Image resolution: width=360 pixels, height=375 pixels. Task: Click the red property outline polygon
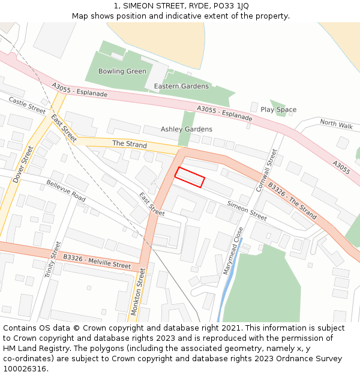point(190,178)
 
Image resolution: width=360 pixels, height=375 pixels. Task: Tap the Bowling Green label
point(122,71)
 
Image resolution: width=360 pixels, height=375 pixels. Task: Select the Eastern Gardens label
point(181,86)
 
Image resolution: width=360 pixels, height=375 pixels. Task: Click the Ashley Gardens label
point(186,130)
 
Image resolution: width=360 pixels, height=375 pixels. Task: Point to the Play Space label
point(278,110)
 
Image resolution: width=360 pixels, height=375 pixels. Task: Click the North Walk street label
point(336,124)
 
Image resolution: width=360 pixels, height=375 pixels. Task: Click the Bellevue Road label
point(66,190)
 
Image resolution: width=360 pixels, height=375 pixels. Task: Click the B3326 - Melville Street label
point(97,262)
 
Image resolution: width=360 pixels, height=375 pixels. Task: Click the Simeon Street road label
point(247,211)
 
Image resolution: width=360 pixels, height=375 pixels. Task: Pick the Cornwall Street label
point(267,170)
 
